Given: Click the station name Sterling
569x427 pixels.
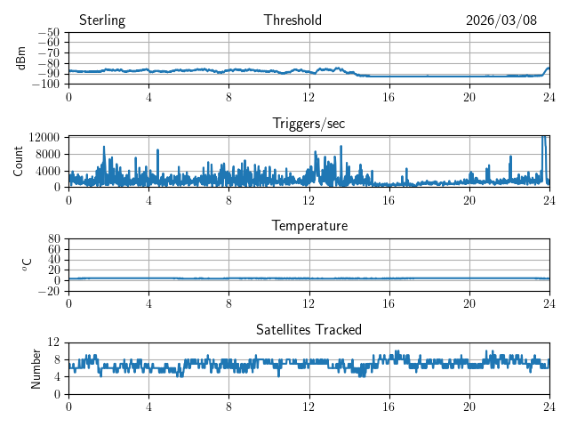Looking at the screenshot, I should coord(102,20).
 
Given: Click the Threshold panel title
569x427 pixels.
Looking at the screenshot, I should coord(293,20).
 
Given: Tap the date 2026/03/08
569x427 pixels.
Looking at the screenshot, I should coord(501,20).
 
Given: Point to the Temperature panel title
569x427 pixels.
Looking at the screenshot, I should coord(309,226).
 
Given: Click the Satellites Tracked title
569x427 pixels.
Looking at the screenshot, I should coord(309,329).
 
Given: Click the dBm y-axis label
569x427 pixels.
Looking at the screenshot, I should coord(21,58).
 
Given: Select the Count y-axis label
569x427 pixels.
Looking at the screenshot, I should coord(19,161).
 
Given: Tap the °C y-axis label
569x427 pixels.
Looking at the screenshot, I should coord(27,264).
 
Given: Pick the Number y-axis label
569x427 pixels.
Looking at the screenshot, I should coord(36,367).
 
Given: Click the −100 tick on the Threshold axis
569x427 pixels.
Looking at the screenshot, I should coord(47,85).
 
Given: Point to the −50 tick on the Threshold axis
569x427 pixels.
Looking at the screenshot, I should coord(49,33).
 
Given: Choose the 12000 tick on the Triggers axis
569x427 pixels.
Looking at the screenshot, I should coord(44,137).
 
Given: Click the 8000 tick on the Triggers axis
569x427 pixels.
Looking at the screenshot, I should coord(47,154).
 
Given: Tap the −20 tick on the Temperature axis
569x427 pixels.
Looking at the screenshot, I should coord(49,291).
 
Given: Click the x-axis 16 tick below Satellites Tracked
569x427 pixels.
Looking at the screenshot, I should coord(389,407).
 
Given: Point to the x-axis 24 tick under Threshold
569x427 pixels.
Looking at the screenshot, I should coord(549,97).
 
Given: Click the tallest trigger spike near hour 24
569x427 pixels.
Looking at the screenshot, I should coord(543,138).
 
